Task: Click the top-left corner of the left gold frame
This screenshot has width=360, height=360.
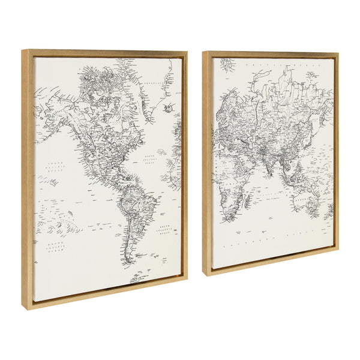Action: point(22,50)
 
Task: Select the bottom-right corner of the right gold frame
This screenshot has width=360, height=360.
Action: point(338,248)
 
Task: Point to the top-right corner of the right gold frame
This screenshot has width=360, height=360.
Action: point(338,53)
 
